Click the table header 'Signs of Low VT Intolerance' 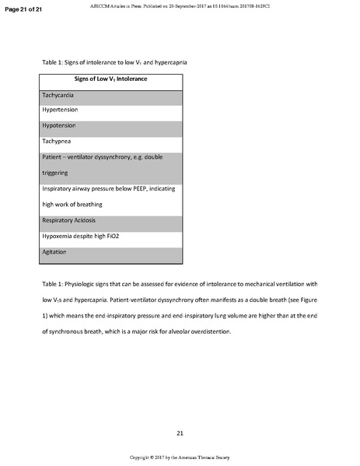[110, 79]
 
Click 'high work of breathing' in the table [78, 205]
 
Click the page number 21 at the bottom [179, 432]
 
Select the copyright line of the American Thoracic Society [180, 457]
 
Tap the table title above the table [114, 61]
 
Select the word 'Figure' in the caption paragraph [307, 300]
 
